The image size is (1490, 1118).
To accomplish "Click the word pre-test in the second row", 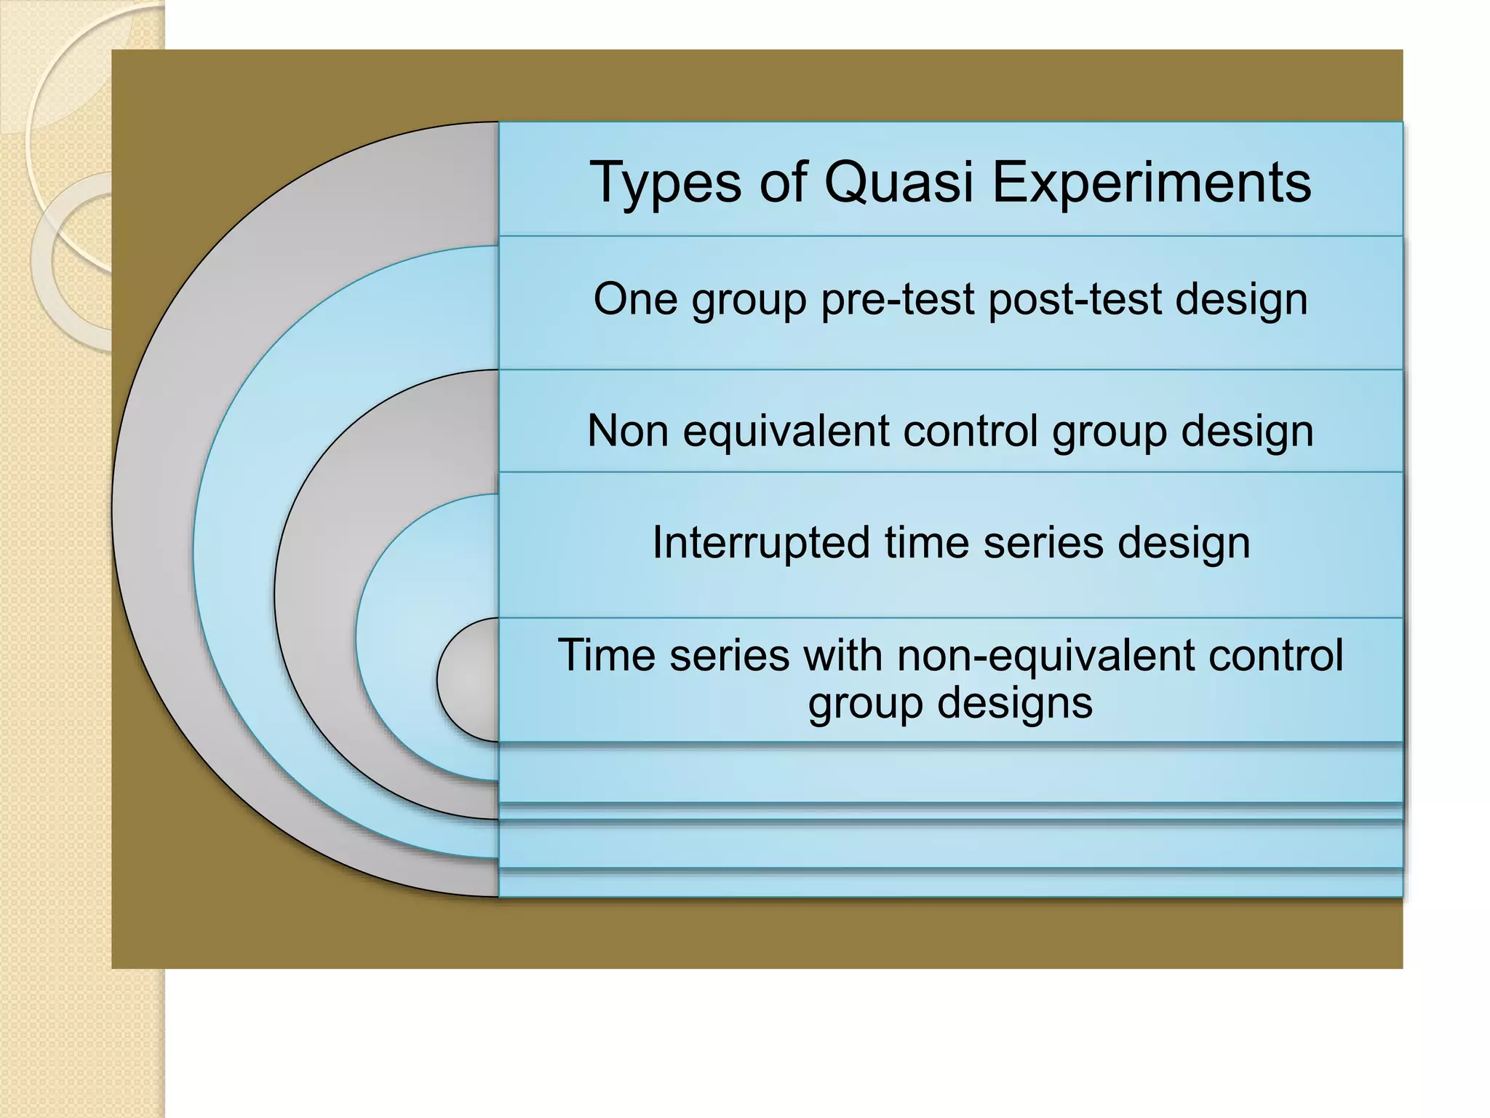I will [897, 299].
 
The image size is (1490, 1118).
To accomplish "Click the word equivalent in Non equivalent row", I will [785, 431].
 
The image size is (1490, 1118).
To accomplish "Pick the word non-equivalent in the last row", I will [1045, 655].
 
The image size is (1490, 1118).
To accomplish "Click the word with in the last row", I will [842, 654].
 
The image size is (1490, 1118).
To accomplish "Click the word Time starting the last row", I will [606, 654].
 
